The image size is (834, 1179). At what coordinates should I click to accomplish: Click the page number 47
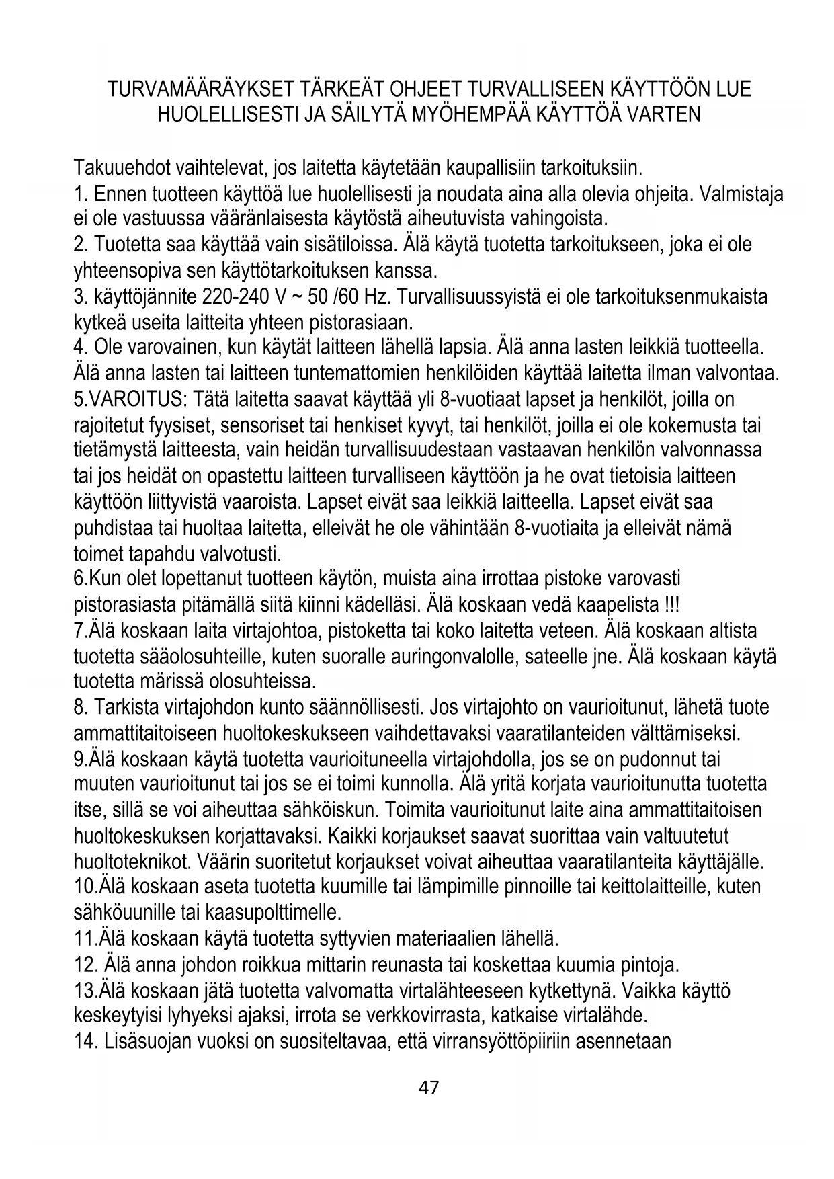[x=428, y=1087]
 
